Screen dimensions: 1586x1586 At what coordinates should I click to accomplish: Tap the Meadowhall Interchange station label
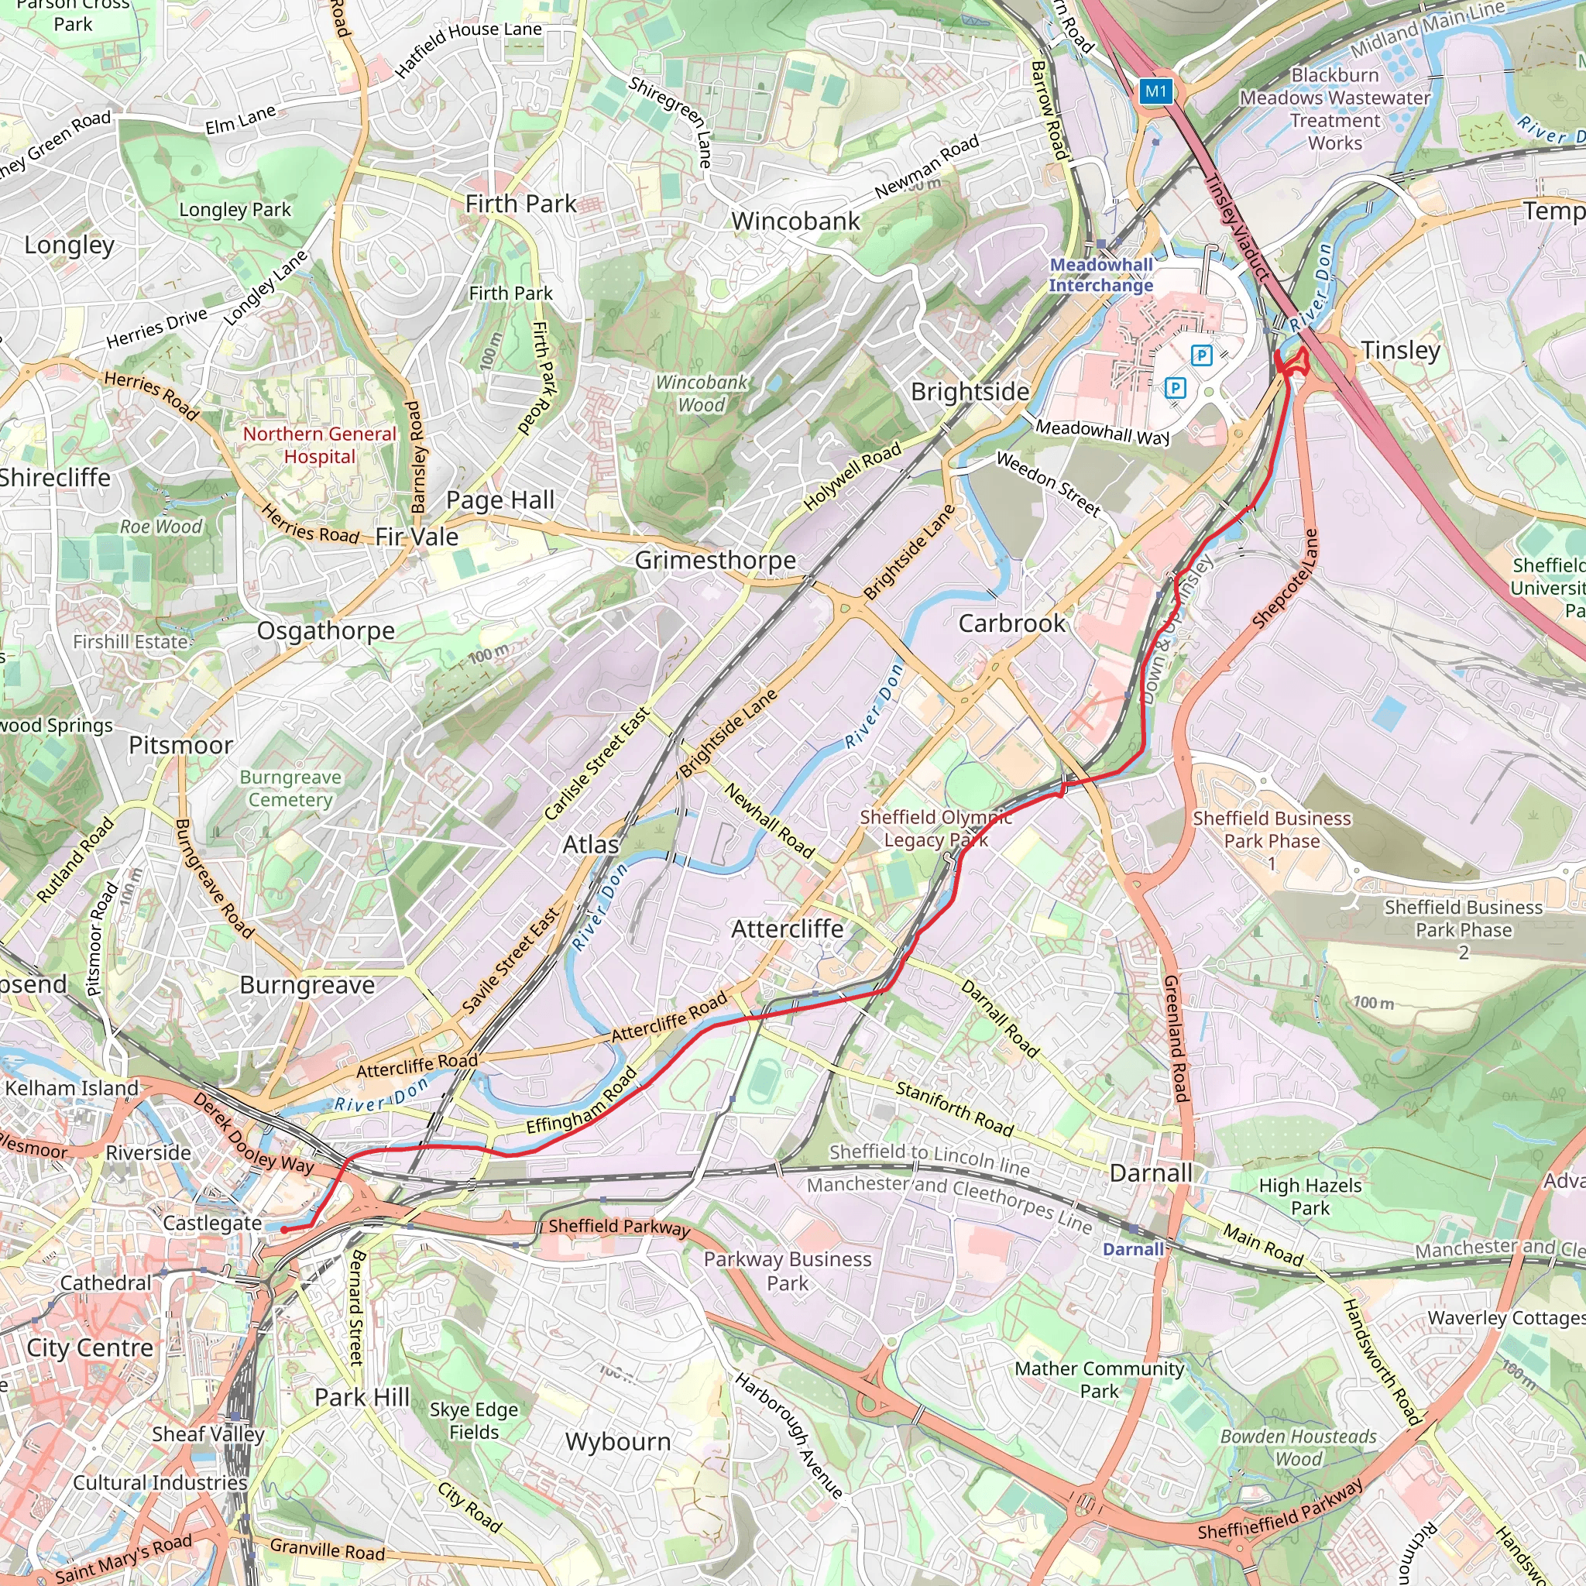(x=1101, y=275)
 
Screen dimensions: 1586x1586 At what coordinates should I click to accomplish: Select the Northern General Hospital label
(x=319, y=445)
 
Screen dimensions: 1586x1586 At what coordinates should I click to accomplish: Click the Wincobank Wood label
(x=701, y=393)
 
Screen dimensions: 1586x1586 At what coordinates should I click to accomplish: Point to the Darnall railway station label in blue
(x=1133, y=1248)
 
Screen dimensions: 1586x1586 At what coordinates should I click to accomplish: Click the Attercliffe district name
(x=787, y=929)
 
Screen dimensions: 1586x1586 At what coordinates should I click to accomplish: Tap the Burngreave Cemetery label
(x=290, y=788)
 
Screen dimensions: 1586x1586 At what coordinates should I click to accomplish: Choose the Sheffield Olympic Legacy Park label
(x=935, y=829)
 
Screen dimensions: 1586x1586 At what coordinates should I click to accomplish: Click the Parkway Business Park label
(x=787, y=1271)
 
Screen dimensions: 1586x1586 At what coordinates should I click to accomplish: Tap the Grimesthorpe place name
(x=715, y=560)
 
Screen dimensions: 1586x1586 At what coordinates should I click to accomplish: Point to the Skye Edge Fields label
(x=474, y=1420)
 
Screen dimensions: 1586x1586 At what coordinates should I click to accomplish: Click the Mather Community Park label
(x=1098, y=1379)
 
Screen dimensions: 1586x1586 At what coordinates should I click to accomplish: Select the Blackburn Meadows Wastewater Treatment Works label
(x=1334, y=109)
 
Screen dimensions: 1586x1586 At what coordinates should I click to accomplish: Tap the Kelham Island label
(x=71, y=1088)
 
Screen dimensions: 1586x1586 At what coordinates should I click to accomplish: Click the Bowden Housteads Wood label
(x=1298, y=1447)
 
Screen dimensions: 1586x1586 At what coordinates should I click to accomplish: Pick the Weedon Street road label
(x=1049, y=483)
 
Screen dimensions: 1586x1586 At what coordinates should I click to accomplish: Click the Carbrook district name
(x=1011, y=623)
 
